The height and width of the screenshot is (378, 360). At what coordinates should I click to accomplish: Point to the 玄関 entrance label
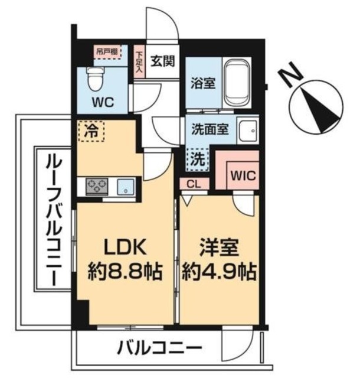[x=161, y=60]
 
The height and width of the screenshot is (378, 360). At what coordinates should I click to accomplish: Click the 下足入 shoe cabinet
[x=139, y=62]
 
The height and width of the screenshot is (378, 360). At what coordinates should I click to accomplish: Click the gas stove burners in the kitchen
[x=97, y=187]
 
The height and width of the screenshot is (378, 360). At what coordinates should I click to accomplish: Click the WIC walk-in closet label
[x=243, y=175]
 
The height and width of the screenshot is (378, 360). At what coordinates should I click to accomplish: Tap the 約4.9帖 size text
[x=219, y=272]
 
